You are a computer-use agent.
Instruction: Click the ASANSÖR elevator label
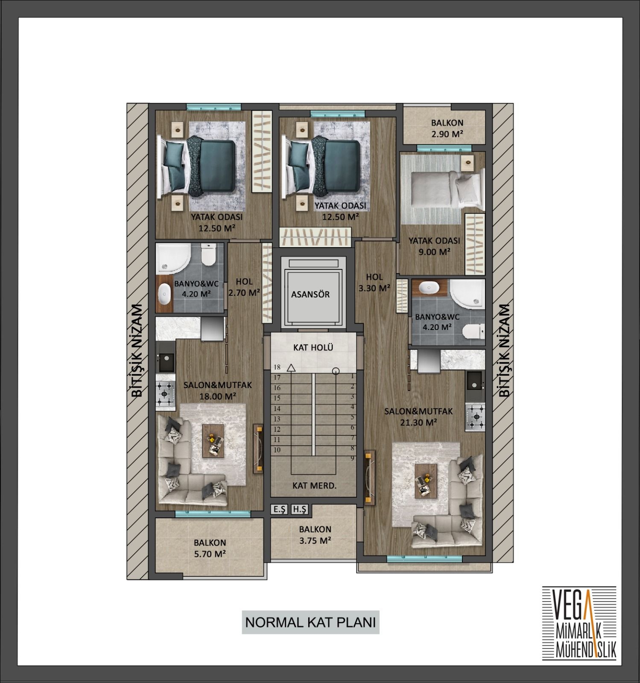[x=310, y=294]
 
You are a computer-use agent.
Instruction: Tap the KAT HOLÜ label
[x=313, y=347]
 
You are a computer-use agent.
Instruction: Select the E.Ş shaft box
[x=280, y=509]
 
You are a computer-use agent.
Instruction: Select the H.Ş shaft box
[x=299, y=509]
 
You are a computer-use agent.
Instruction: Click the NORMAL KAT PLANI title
[x=310, y=622]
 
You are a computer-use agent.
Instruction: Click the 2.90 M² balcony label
[x=447, y=134]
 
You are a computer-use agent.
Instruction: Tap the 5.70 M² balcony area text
[x=210, y=554]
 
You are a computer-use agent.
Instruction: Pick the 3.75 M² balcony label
[x=315, y=540]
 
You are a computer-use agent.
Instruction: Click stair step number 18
[x=277, y=367]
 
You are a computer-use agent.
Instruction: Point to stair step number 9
[x=353, y=458]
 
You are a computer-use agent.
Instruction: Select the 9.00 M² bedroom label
[x=434, y=252]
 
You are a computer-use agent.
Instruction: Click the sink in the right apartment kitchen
[x=474, y=382]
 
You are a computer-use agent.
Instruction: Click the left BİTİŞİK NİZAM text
[x=137, y=350]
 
